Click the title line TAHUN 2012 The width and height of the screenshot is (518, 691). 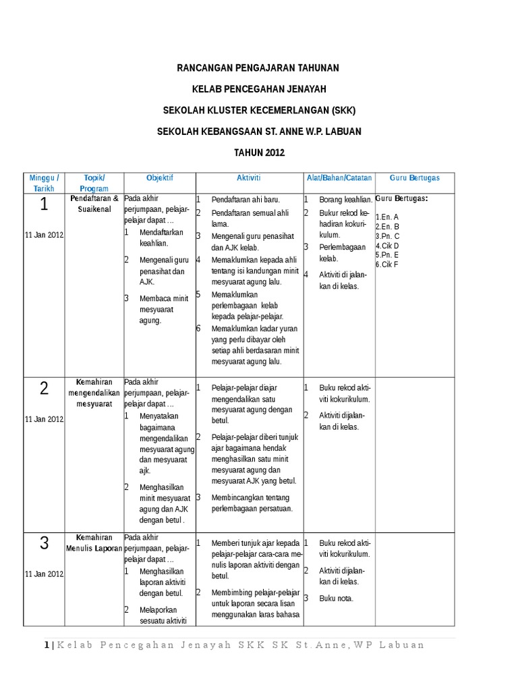pos(259,153)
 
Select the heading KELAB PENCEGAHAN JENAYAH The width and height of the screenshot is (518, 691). pos(259,89)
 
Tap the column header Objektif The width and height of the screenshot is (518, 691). pos(160,177)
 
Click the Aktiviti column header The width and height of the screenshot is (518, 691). pos(248,177)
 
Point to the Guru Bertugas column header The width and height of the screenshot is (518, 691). pos(415,177)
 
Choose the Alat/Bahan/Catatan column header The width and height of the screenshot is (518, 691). pos(339,177)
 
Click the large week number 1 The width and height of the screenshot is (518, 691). pos(44,205)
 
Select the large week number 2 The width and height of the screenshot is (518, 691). pos(44,388)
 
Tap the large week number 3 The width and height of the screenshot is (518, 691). pos(44,543)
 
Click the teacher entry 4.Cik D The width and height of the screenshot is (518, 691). pos(388,246)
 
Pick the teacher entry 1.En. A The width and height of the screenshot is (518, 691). pos(387,217)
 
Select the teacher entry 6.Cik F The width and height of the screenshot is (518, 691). pos(387,265)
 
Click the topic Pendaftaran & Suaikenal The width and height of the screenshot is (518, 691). pos(94,204)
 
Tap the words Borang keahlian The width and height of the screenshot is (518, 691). pos(345,200)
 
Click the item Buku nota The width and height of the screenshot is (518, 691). pos(336,598)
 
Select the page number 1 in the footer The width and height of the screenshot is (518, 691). pos(47,645)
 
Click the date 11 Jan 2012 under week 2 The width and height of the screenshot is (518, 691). pos(44,419)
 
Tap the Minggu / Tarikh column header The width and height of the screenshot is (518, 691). pos(44,183)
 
